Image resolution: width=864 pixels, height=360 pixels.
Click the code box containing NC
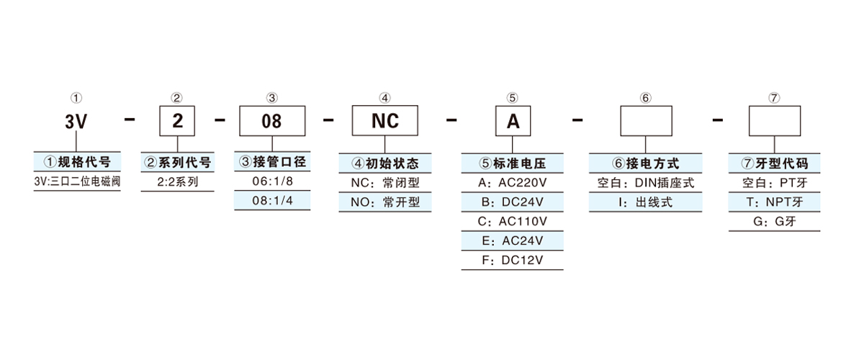(x=384, y=121)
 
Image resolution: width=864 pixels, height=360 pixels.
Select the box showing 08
(x=271, y=121)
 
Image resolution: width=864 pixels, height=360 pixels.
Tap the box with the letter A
(x=513, y=121)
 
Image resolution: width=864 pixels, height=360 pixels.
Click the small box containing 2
(x=176, y=121)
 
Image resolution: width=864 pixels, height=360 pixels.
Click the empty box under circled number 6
(x=646, y=121)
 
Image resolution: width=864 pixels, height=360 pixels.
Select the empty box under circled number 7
(x=774, y=121)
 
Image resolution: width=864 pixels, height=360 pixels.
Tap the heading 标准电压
(x=512, y=163)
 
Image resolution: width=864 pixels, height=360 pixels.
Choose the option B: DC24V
(x=512, y=202)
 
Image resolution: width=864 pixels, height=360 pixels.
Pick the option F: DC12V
(x=512, y=259)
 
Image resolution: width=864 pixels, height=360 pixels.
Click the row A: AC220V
(x=512, y=183)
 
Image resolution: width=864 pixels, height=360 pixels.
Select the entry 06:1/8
(x=272, y=182)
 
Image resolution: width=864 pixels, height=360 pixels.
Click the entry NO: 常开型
(x=384, y=202)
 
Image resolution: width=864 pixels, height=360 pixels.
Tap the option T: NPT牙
(x=774, y=202)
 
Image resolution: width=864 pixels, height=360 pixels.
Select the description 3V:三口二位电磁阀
(x=76, y=182)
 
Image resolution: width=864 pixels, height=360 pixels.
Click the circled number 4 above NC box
(x=384, y=97)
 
